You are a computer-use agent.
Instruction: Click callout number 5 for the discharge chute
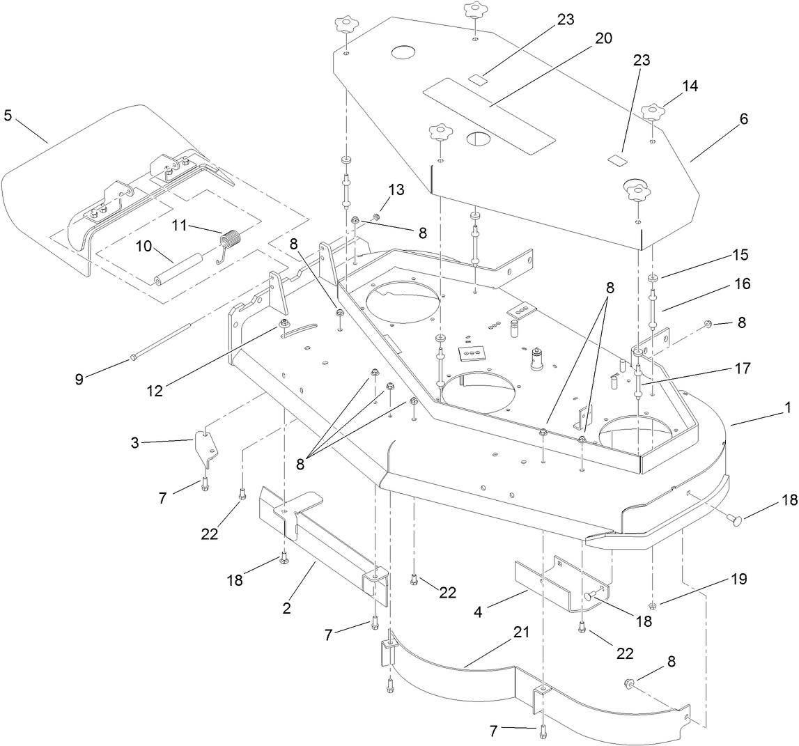click(x=8, y=115)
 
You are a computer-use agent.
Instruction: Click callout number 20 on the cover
click(x=603, y=38)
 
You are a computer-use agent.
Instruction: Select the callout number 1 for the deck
click(x=788, y=408)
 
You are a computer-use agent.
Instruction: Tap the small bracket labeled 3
click(x=205, y=446)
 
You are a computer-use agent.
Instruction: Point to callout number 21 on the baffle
click(x=521, y=632)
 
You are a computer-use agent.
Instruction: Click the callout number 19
click(x=738, y=579)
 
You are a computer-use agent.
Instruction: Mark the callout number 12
click(x=154, y=391)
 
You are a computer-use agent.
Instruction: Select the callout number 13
click(x=396, y=189)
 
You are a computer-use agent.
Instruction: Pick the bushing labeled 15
click(x=653, y=280)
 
